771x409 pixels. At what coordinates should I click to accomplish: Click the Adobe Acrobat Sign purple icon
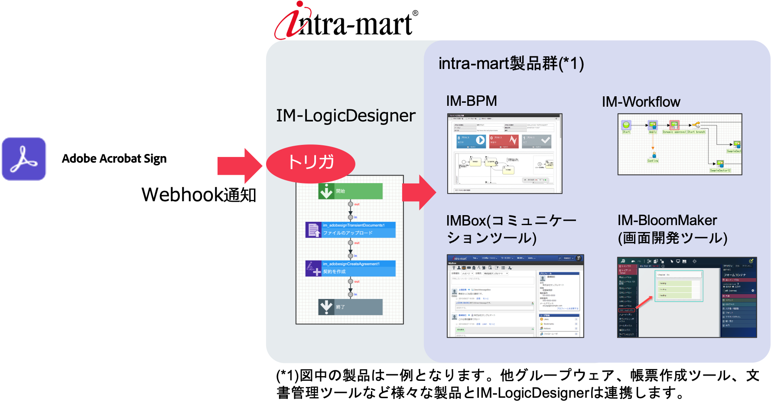point(24,159)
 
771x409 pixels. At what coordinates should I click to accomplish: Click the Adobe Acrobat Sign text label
point(114,159)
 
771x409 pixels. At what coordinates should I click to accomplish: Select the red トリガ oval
point(311,163)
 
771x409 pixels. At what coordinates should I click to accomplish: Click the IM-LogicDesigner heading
point(345,116)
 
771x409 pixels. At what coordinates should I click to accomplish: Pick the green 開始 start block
point(350,191)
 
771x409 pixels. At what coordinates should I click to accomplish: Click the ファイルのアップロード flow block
point(350,229)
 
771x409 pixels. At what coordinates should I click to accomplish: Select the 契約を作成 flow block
point(350,268)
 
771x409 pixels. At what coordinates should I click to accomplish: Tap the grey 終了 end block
point(350,307)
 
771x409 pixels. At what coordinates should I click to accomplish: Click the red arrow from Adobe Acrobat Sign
point(240,166)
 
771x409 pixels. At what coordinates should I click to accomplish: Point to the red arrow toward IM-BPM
point(419,193)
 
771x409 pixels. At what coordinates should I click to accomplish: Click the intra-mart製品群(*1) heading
point(511,64)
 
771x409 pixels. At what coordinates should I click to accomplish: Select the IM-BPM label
point(472,101)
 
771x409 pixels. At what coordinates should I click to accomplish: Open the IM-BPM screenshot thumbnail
point(504,154)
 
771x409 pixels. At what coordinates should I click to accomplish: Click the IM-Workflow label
point(641,102)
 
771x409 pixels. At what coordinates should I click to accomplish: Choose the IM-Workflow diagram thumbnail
point(680,144)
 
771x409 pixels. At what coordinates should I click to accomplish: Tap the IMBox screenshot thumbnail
point(515,296)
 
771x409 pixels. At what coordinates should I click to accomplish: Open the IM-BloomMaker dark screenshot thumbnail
point(686,297)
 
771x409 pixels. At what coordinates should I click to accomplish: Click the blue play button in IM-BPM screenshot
point(480,140)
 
